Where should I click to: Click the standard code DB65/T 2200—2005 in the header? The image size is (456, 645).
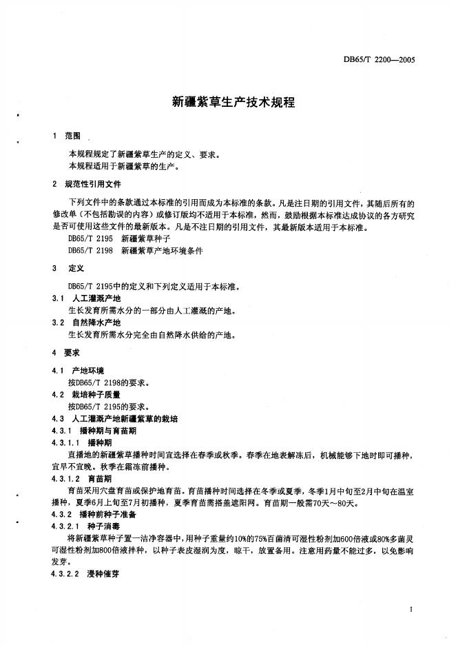[x=378, y=60]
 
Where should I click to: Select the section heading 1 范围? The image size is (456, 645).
[x=68, y=136]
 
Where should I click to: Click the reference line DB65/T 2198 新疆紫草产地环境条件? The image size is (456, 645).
[x=135, y=251]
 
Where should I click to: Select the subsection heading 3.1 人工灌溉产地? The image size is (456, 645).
[x=87, y=298]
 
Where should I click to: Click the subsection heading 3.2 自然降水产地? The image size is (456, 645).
[x=87, y=322]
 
